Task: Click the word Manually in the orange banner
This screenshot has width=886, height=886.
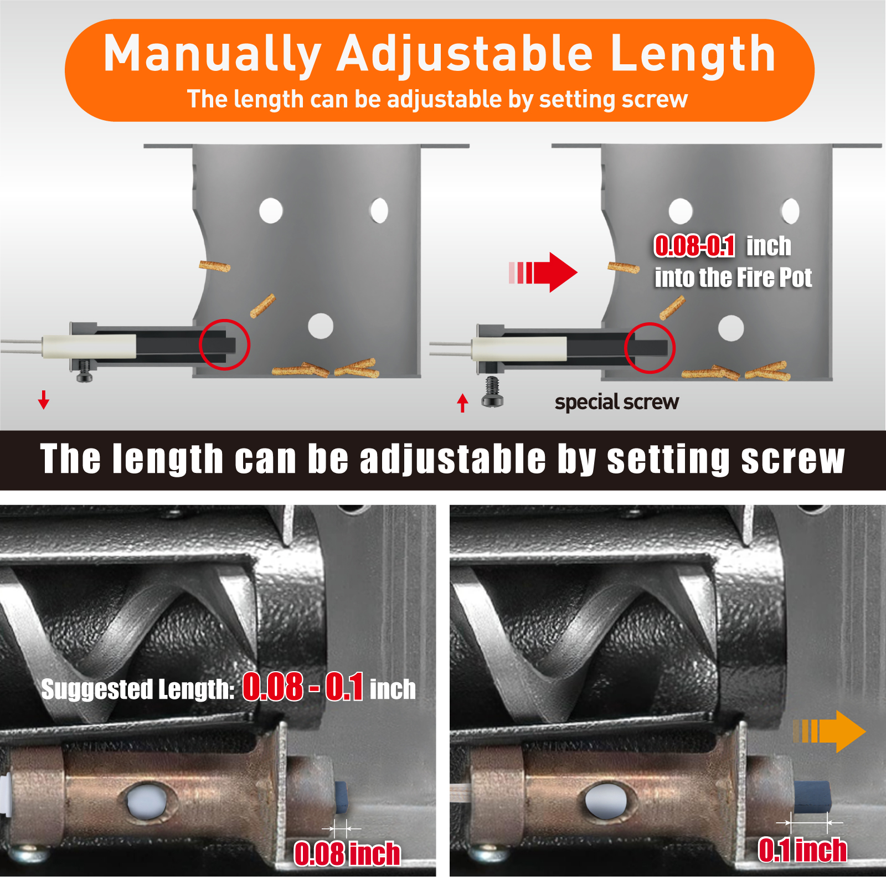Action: pyautogui.click(x=213, y=54)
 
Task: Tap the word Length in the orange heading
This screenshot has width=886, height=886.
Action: pyautogui.click(x=693, y=54)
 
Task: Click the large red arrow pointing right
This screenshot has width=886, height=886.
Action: pyautogui.click(x=543, y=272)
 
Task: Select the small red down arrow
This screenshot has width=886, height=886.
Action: pyautogui.click(x=44, y=399)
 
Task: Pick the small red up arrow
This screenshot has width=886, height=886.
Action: pyautogui.click(x=463, y=403)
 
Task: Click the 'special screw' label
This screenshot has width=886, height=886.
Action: pyautogui.click(x=617, y=402)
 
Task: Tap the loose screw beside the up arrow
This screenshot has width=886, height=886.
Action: pyautogui.click(x=492, y=392)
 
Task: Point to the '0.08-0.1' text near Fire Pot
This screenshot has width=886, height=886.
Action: pyautogui.click(x=695, y=246)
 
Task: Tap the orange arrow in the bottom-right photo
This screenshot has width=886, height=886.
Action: pyautogui.click(x=829, y=731)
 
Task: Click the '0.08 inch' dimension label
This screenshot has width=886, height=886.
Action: pyautogui.click(x=347, y=853)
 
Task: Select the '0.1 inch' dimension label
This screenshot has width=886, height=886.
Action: pyautogui.click(x=802, y=849)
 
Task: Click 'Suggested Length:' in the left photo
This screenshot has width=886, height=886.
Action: pyautogui.click(x=138, y=689)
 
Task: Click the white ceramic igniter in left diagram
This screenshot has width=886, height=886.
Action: pyautogui.click(x=89, y=346)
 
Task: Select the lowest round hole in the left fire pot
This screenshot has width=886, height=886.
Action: pyautogui.click(x=321, y=326)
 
